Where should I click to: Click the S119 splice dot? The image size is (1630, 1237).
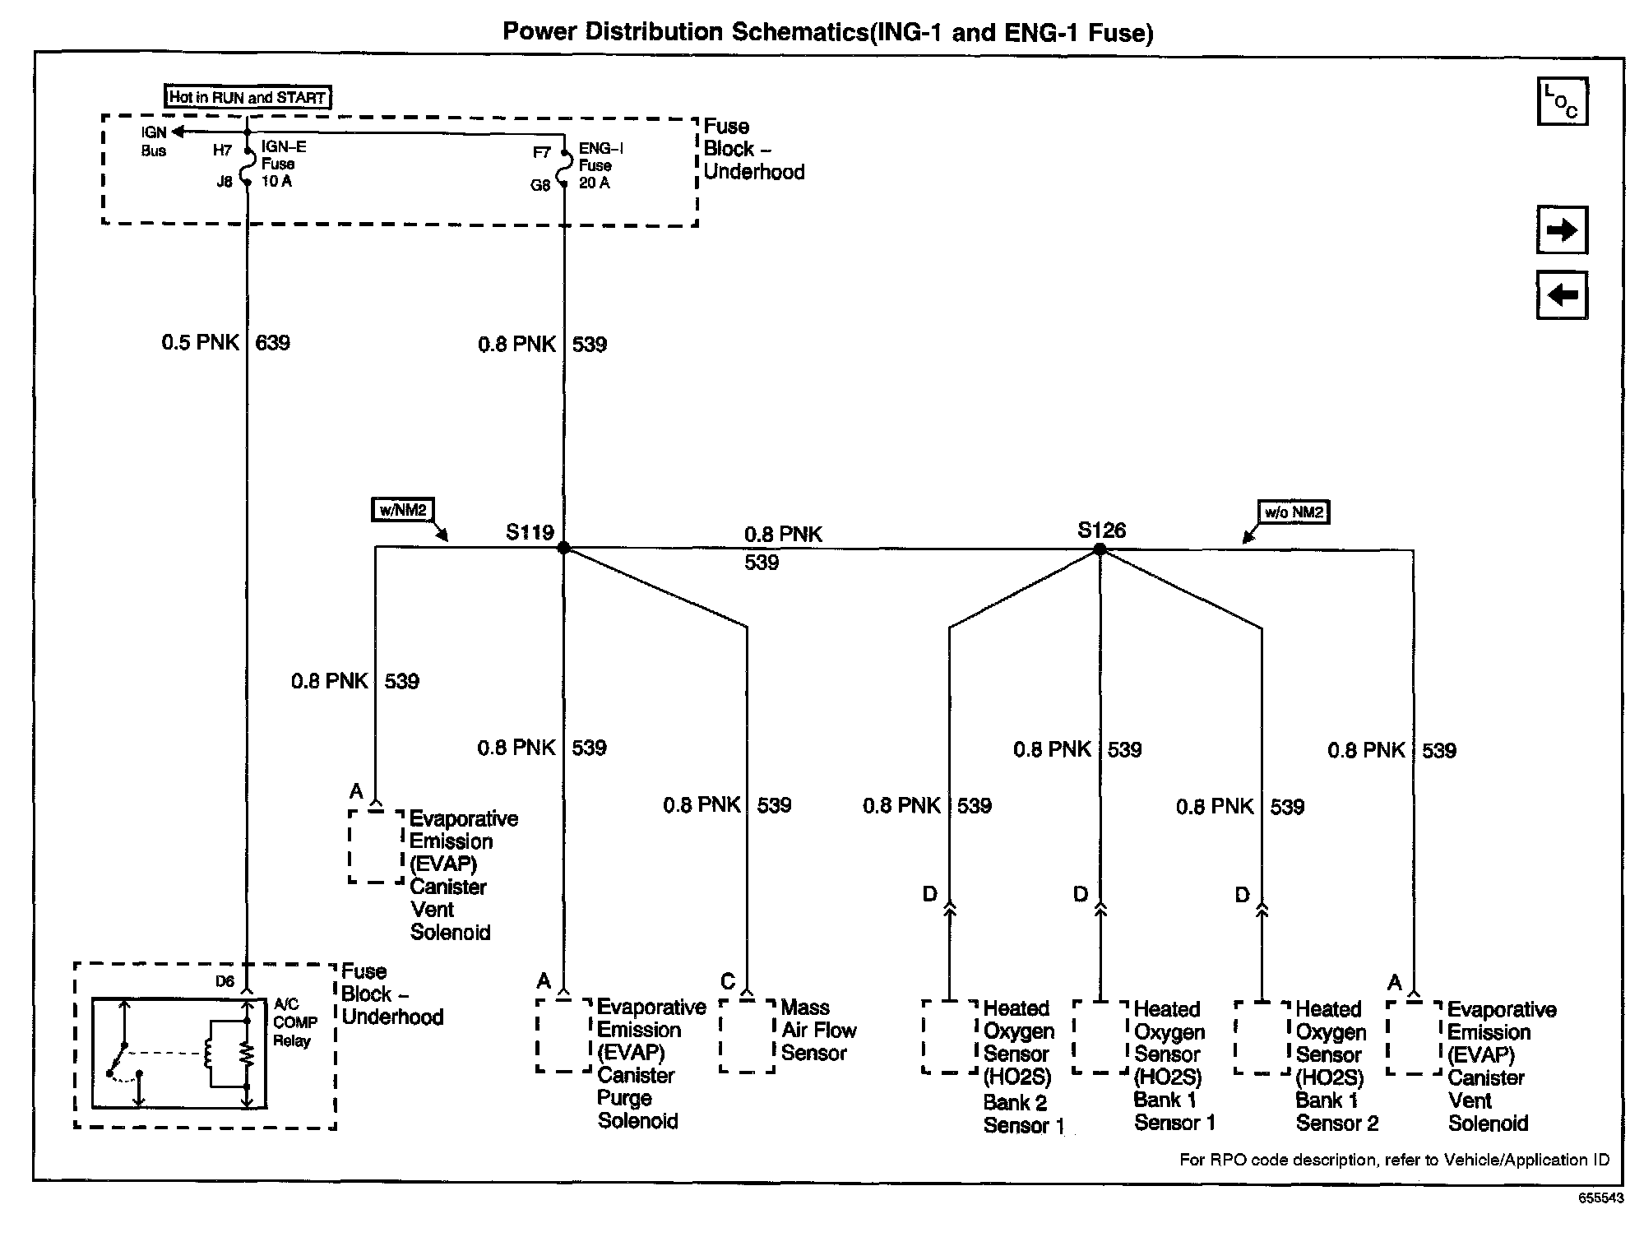[563, 548]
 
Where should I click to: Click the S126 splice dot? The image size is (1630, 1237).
[1100, 549]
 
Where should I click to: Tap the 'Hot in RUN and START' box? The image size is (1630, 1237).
[248, 97]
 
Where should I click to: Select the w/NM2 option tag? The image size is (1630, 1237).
[402, 510]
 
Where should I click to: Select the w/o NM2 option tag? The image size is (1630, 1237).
[1294, 512]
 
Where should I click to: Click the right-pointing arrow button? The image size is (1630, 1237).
[1562, 230]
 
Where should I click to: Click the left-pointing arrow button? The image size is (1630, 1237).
[1562, 294]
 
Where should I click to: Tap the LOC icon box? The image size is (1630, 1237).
[1562, 102]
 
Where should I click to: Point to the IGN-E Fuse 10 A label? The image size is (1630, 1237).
[283, 164]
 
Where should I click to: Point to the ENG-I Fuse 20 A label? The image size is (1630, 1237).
[600, 165]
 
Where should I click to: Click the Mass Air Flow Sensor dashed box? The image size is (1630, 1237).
[747, 1035]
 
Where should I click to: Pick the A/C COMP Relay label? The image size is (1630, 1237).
[294, 1022]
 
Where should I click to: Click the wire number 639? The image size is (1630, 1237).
[272, 343]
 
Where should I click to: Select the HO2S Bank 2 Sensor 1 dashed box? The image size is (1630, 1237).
[950, 1036]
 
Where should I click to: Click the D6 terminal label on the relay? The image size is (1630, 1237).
[225, 981]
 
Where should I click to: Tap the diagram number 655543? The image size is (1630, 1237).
[1600, 1198]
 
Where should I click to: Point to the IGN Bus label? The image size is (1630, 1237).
[153, 141]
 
